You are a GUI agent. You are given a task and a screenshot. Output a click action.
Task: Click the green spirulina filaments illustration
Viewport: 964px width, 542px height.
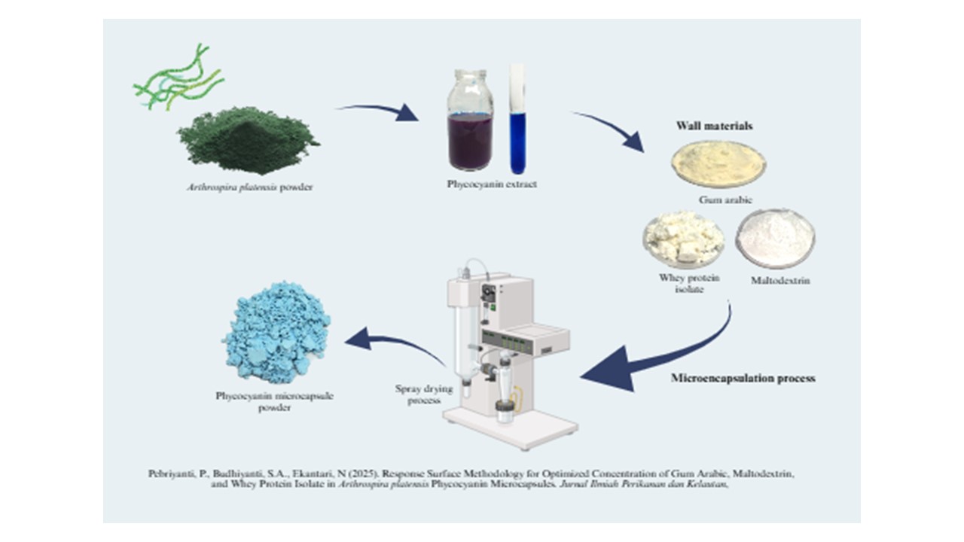(x=177, y=78)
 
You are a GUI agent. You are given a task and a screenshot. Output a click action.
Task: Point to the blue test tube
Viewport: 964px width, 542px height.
(x=517, y=120)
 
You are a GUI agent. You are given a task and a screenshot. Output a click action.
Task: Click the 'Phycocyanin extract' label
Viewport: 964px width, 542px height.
(x=492, y=184)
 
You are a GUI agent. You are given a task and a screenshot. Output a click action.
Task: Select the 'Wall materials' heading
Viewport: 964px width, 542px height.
(x=715, y=126)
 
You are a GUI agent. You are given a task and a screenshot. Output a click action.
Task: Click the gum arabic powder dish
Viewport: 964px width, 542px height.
(x=718, y=164)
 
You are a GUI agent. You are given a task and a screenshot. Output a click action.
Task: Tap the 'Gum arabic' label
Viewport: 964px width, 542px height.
(x=725, y=199)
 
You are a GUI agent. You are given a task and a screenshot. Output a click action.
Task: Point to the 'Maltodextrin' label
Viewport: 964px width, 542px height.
(x=780, y=281)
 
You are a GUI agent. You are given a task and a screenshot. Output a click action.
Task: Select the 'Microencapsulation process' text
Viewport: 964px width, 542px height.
(x=743, y=378)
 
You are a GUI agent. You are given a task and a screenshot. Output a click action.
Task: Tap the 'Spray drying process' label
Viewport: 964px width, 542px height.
(x=424, y=394)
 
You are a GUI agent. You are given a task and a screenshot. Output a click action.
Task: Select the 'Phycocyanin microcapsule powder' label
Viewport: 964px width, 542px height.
(x=275, y=401)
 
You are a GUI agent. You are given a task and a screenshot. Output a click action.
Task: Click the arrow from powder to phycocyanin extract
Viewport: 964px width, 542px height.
(x=379, y=111)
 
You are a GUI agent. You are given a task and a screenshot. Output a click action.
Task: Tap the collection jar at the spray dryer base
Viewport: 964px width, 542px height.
(x=505, y=411)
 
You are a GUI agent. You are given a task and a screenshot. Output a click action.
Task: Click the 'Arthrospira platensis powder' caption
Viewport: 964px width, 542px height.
(x=249, y=187)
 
